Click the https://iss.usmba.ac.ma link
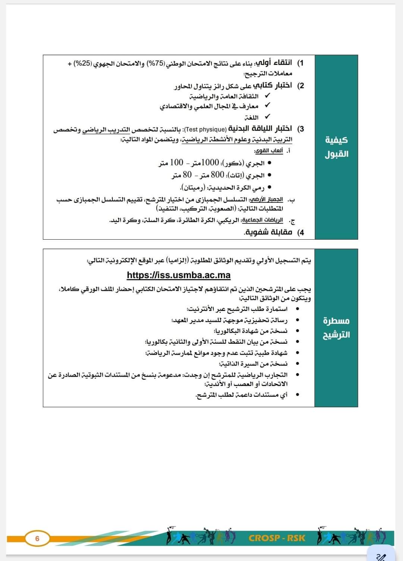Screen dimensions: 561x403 [179, 275]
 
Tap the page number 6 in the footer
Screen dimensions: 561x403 [37, 539]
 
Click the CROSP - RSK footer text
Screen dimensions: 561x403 [277, 538]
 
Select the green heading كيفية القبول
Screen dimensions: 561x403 [336, 147]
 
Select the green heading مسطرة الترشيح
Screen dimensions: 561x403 [336, 327]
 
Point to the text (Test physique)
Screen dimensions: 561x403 [205, 130]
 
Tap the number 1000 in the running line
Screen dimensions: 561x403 [210, 163]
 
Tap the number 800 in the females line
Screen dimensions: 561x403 [217, 175]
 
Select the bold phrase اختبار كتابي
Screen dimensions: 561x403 [272, 85]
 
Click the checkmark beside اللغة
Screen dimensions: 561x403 [267, 117]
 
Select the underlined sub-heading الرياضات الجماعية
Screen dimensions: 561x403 [263, 220]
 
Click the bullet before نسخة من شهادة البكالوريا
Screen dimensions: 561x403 [297, 331]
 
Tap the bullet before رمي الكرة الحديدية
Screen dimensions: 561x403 [269, 187]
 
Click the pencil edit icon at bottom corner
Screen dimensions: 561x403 [381, 555]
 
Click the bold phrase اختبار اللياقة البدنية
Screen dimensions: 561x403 [260, 129]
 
